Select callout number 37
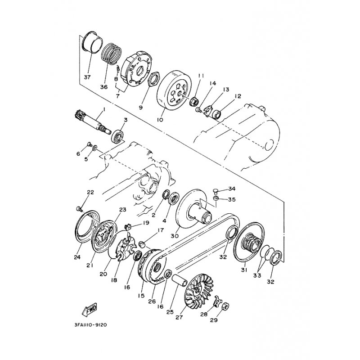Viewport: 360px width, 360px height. [87, 77]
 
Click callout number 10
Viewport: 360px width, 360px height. [160, 120]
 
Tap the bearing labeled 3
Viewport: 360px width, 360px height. [118, 136]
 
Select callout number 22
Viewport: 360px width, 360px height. [90, 192]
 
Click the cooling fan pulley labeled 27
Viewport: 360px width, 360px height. [199, 290]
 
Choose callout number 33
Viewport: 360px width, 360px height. [257, 275]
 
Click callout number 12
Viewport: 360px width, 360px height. [238, 96]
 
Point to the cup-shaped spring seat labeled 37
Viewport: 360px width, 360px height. [92, 42]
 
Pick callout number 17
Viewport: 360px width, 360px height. [161, 230]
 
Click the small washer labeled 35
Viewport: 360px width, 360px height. [216, 198]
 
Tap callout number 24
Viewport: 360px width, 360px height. [77, 257]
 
